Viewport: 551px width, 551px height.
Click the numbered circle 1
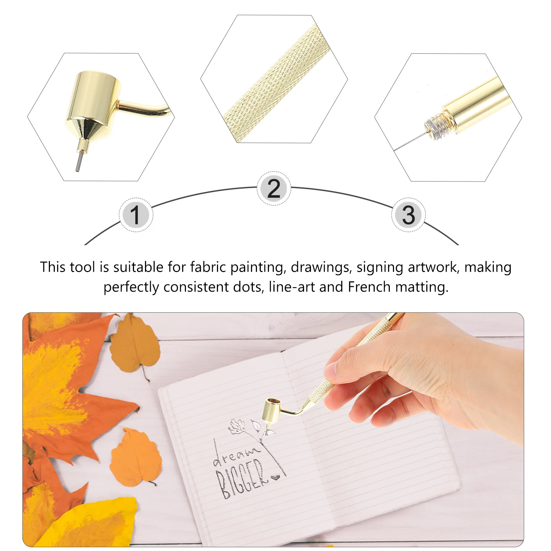pyautogui.click(x=136, y=215)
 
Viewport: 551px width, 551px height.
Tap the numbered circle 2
pyautogui.click(x=274, y=188)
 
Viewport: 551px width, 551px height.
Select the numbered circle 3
pyautogui.click(x=408, y=215)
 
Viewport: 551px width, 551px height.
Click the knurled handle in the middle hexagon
pyautogui.click(x=275, y=83)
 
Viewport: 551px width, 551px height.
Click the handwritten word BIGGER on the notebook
pyautogui.click(x=241, y=479)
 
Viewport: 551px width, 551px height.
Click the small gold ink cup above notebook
pyautogui.click(x=272, y=410)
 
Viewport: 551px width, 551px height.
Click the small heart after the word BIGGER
pyautogui.click(x=275, y=477)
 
